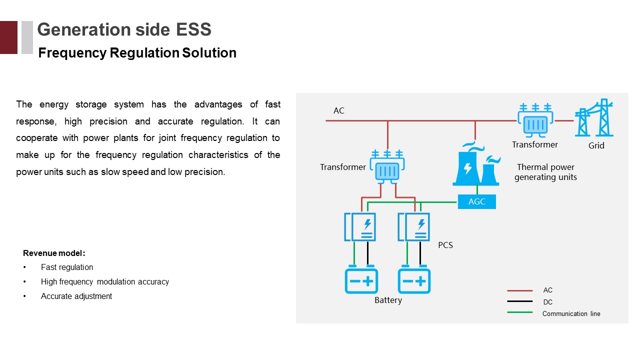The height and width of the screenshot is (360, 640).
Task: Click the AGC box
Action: pos(476,202)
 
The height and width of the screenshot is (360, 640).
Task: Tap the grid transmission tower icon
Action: pos(594,118)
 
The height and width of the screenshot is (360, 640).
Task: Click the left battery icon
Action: pos(361,280)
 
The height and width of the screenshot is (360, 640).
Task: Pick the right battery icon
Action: pos(414,280)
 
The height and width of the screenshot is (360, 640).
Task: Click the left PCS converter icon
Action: pos(360,227)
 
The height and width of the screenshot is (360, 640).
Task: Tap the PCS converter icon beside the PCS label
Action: pos(414,227)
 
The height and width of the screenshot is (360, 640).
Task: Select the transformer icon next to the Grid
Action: pos(535,119)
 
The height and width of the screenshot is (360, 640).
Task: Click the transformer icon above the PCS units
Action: pos(387,167)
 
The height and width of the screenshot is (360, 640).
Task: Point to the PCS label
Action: pos(445,245)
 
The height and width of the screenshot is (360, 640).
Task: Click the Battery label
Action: pos(388,300)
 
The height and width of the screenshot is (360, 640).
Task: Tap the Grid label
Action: pos(596,145)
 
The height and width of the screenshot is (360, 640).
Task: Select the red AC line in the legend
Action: pos(519,290)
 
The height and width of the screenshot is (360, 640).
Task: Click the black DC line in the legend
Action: pos(519,301)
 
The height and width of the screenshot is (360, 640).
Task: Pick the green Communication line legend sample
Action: pos(519,313)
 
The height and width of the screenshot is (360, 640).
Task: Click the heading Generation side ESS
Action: pos(124,29)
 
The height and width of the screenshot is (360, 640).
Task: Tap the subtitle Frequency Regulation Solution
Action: pos(137,53)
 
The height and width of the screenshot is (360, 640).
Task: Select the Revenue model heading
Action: pos(54,253)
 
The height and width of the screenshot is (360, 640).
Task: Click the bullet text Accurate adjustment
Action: pos(76,296)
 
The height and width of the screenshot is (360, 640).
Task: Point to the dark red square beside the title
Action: pos(8,37)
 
